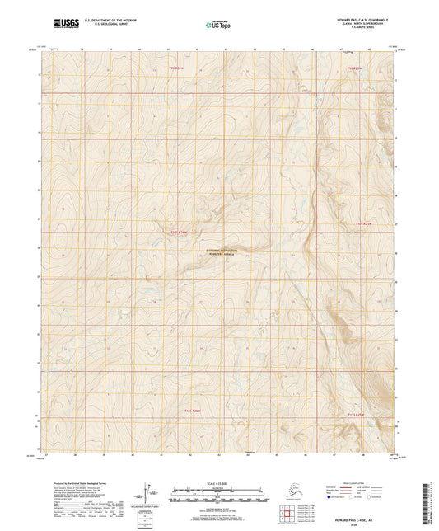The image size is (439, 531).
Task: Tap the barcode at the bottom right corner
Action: pos(432,498)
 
